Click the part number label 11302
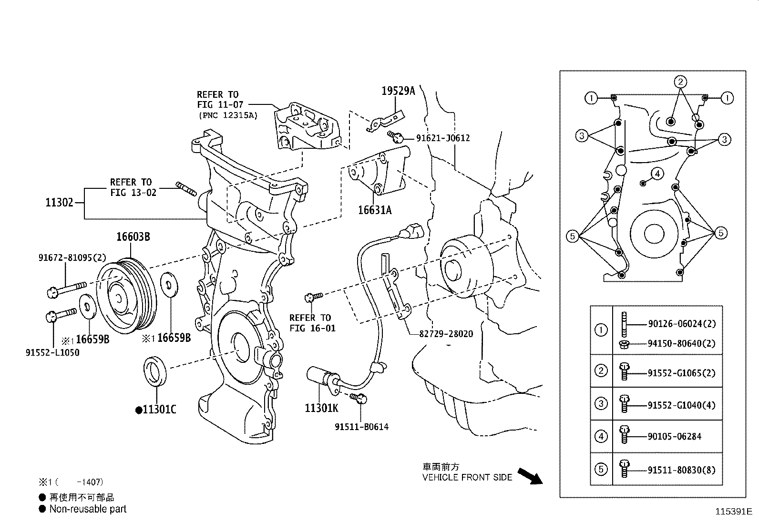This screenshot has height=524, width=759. pos(59,203)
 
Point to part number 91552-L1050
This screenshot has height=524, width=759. pos(52,353)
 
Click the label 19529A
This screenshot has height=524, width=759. pos(398,91)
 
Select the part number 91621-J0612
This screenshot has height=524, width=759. pos(442,138)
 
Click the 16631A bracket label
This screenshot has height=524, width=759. pos(375,210)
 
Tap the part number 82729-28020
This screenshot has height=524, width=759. pos(446,334)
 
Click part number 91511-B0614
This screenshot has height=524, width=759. pos(361,427)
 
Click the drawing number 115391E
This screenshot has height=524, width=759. pos(732,512)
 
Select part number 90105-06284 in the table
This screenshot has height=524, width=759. pos(674,436)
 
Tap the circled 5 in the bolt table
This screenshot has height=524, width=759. pos(601,469)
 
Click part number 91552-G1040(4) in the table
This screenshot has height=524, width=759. pos(681,405)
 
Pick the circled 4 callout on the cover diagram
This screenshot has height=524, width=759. pos(657,174)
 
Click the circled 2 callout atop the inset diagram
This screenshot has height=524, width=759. pos(680,82)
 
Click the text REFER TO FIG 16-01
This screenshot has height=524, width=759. pos(312,323)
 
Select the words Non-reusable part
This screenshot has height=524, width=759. pos(88,509)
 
